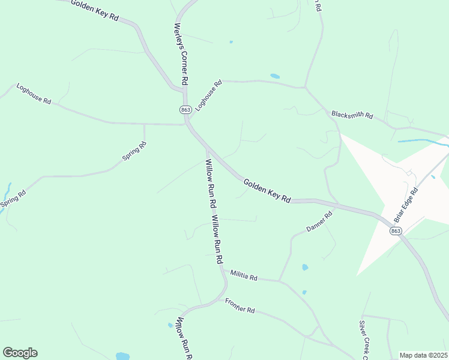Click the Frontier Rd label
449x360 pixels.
pyautogui.click(x=241, y=306)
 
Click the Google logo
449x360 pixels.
pyautogui.click(x=20, y=353)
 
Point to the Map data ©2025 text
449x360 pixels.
pyautogui.click(x=423, y=355)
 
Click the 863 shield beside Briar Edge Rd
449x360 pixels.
pyautogui.click(x=395, y=231)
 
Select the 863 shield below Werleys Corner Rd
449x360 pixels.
pyautogui.click(x=185, y=109)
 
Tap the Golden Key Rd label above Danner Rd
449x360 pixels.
pyautogui.click(x=267, y=190)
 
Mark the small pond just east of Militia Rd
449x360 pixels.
pyautogui.click(x=305, y=267)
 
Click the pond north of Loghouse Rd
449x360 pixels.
pyautogui.click(x=275, y=76)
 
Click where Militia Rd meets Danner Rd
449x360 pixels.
pyautogui.click(x=279, y=280)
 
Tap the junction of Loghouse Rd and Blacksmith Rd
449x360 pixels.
pyautogui.click(x=306, y=88)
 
